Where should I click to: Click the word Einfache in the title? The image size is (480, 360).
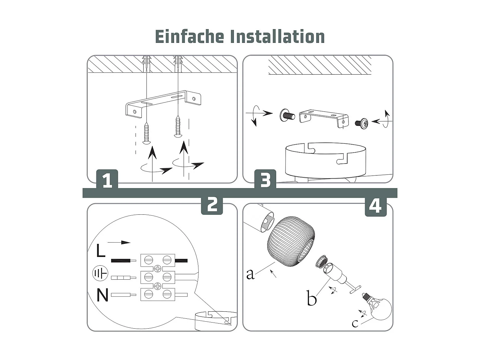[189, 36]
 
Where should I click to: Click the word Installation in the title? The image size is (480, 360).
[277, 36]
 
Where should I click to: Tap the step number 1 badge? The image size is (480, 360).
[107, 179]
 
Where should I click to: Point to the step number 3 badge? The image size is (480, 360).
[265, 179]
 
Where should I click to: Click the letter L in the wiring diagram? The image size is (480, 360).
[101, 251]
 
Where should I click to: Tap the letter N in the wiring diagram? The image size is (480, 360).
[102, 295]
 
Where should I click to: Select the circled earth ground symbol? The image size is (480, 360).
[100, 273]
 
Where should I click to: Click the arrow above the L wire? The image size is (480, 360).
[119, 243]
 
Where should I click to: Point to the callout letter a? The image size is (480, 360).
[250, 274]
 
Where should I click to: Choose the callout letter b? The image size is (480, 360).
[312, 298]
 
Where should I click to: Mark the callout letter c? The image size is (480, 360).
[355, 324]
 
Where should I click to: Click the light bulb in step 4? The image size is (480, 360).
[378, 306]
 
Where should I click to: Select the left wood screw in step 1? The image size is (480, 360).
[146, 133]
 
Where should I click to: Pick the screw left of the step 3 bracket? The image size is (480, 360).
[287, 115]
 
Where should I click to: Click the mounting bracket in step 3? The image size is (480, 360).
[324, 118]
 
